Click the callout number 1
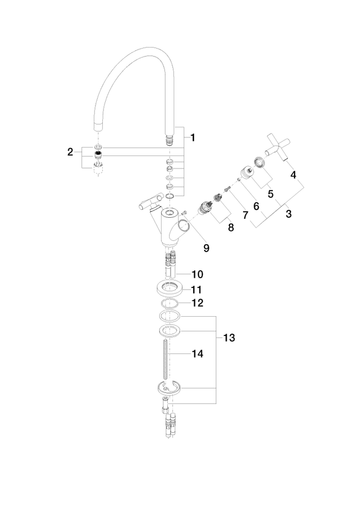[x=193, y=137]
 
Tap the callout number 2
[x=70, y=152]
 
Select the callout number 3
[x=288, y=214]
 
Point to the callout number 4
[x=293, y=175]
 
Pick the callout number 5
[x=271, y=194]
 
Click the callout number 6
[x=256, y=206]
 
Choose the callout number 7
[x=245, y=214]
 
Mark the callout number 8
[x=231, y=227]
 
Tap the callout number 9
[x=206, y=248]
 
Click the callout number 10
[x=197, y=274]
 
